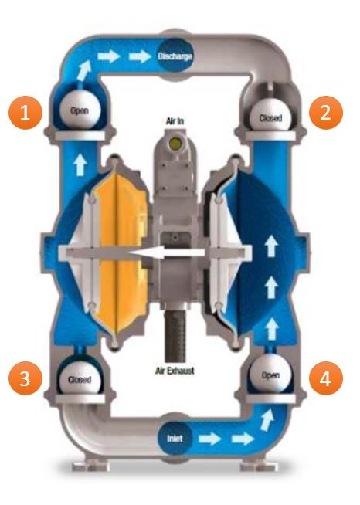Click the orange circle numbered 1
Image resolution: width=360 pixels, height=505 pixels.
pos(25,113)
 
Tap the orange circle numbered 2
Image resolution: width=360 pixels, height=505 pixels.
pos(326,113)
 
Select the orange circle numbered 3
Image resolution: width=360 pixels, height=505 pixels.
pos(25,378)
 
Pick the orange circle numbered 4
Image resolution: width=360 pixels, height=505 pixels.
pos(326,378)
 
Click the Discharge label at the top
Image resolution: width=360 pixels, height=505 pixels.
pos(175,56)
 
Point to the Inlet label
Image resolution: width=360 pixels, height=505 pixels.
pos(175,439)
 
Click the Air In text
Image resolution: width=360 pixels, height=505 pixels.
pos(175,121)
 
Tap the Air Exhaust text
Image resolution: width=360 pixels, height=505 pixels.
pos(175,371)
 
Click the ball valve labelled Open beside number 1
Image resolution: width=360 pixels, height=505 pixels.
pos(80,110)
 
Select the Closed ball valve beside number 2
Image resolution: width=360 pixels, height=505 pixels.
pos(270,115)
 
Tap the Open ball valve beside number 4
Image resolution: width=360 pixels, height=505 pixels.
pos(270,374)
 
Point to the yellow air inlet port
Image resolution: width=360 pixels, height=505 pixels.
pos(175,142)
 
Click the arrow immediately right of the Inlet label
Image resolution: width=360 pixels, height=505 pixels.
pos(209,439)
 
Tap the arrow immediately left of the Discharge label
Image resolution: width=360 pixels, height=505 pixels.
pos(140,56)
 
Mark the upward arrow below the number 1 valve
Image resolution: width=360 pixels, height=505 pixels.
pos(80,165)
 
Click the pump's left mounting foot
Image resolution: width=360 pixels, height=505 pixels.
pos(89,466)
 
